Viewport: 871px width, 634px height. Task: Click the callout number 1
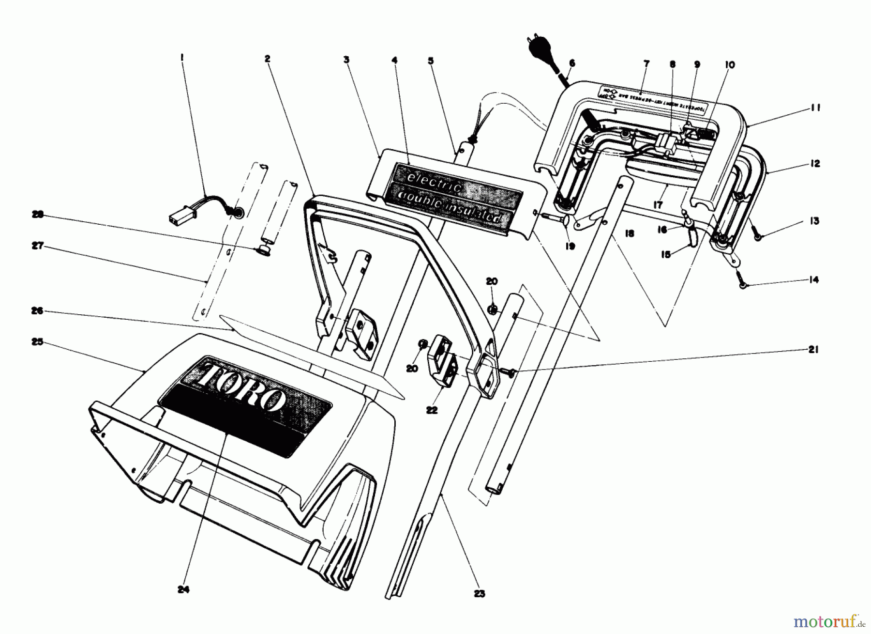point(181,57)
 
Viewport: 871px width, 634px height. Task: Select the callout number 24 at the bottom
point(183,589)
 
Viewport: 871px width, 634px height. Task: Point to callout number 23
point(479,594)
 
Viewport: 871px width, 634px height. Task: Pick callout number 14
point(813,279)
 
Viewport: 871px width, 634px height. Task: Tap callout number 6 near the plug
point(572,63)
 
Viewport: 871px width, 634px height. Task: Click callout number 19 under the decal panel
point(570,247)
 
